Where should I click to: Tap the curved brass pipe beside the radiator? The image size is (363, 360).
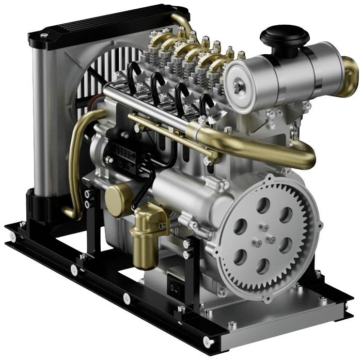tap(77, 155)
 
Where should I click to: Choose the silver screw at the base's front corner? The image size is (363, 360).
tap(208, 341)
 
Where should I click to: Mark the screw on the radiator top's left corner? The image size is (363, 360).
tap(43, 35)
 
